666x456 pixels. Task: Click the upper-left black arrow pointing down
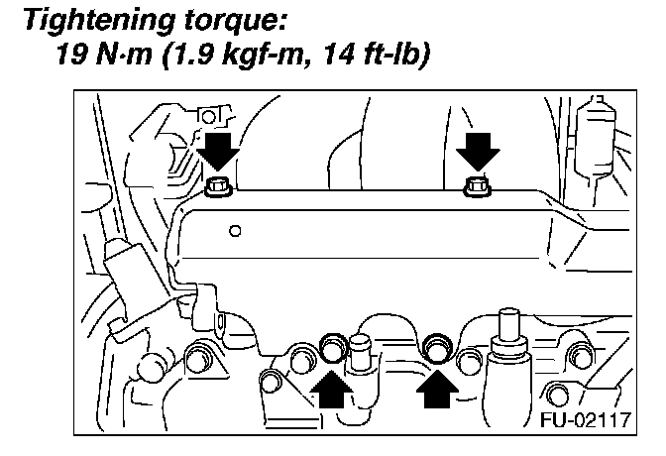[218, 153]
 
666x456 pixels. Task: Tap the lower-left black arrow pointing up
[330, 391]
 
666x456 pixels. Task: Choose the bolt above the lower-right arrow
[434, 348]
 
